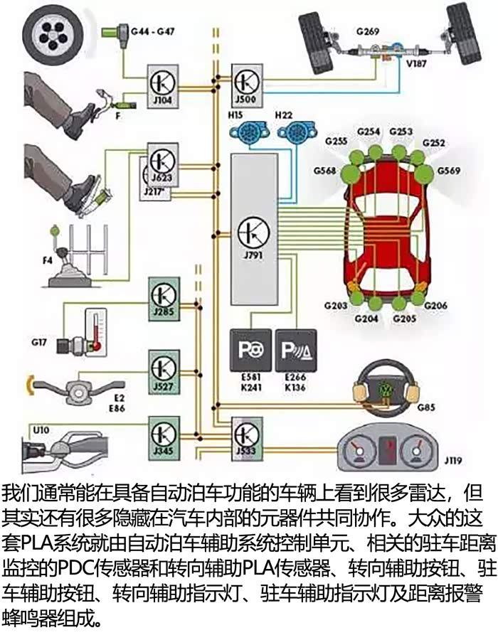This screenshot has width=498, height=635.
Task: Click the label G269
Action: click(x=367, y=31)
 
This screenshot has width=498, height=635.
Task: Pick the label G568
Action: click(x=324, y=171)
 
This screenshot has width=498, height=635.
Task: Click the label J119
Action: click(x=452, y=461)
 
